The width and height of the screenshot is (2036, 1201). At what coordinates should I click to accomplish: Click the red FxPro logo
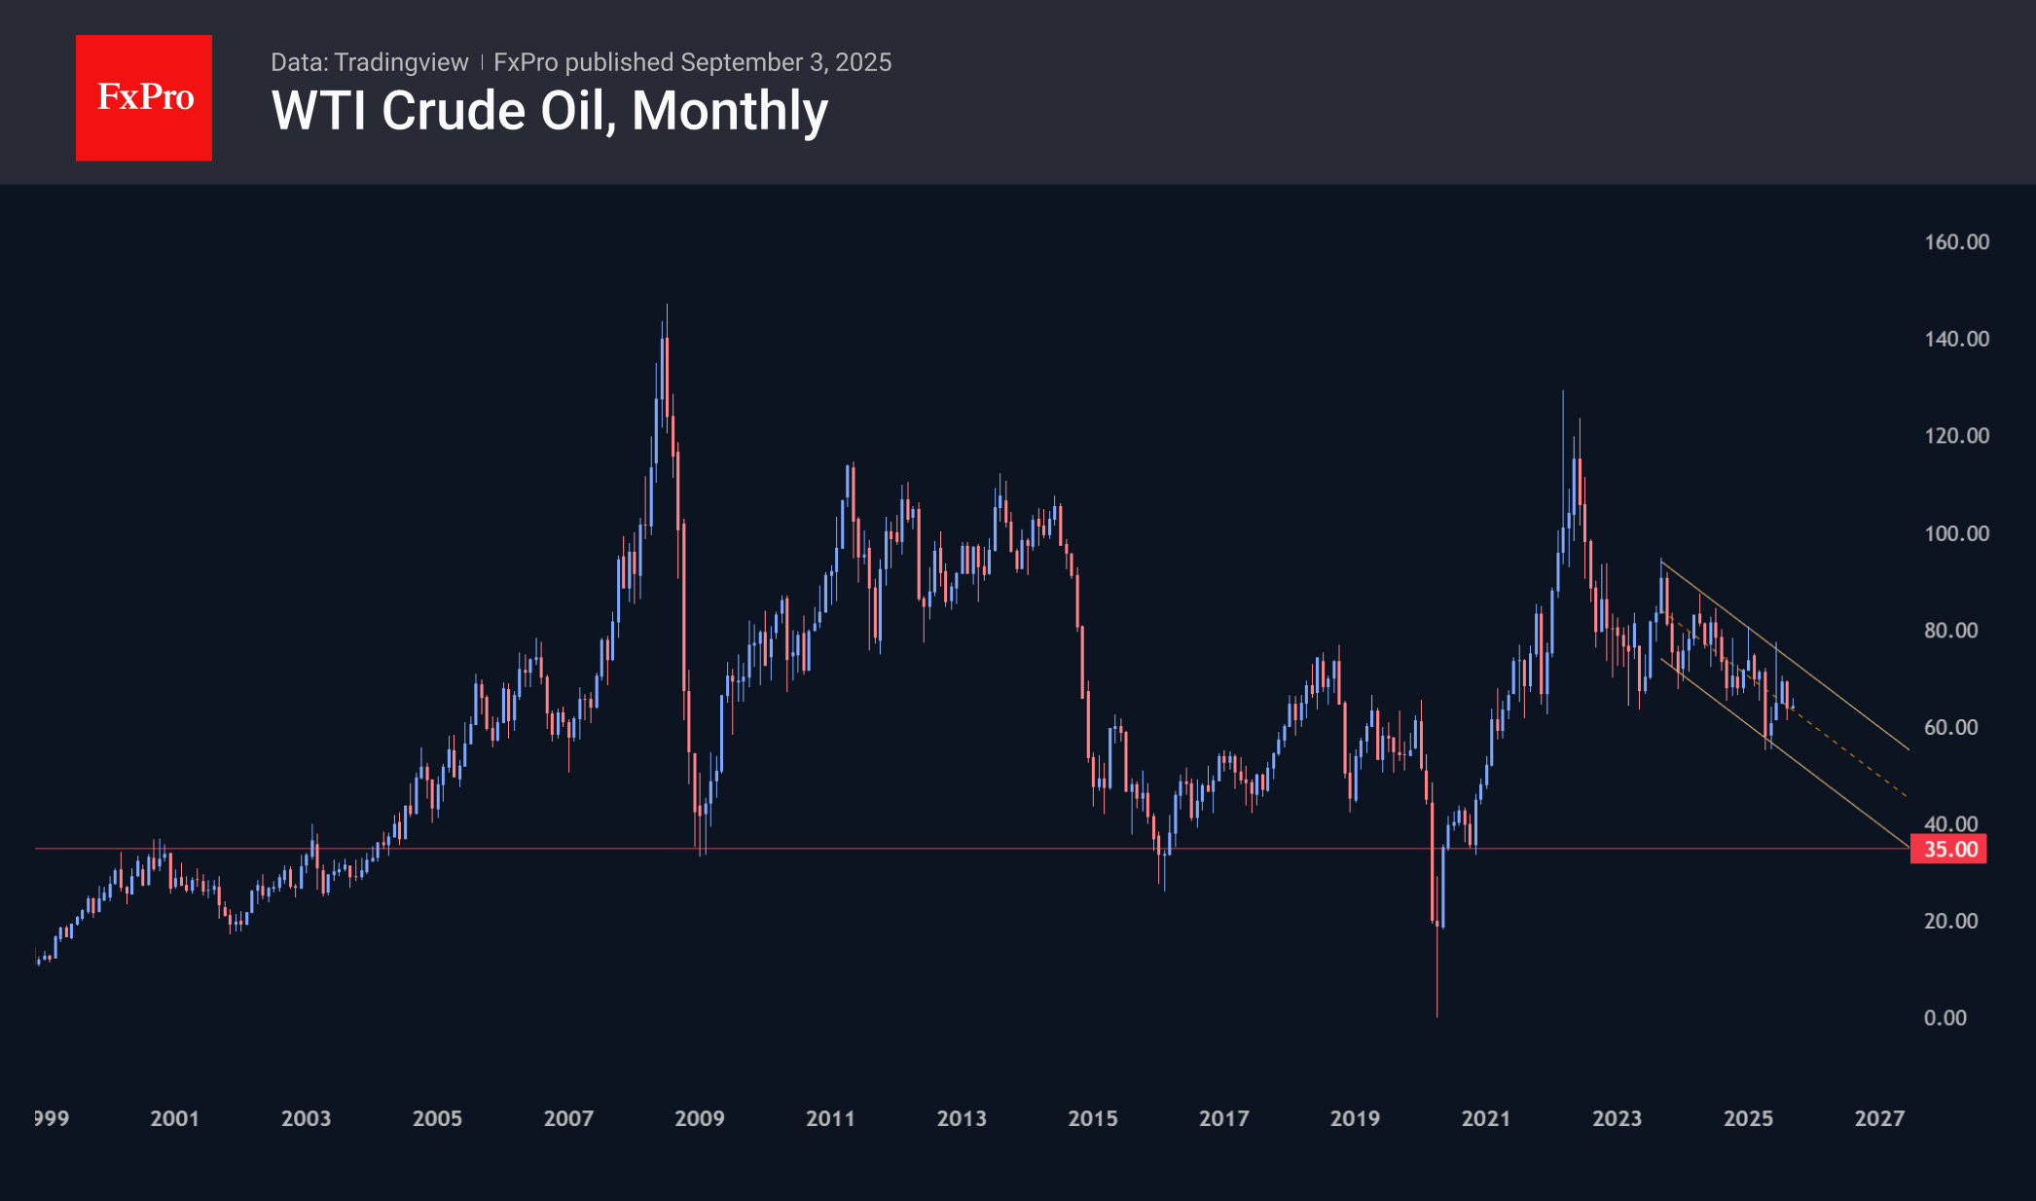click(144, 97)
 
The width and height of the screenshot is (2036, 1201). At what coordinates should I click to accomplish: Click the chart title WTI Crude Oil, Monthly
click(550, 111)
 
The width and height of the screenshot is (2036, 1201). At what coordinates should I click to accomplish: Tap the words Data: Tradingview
click(369, 62)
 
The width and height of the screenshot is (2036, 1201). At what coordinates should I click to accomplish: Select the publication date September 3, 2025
click(785, 62)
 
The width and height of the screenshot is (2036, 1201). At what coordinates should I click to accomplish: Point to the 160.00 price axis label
click(1956, 242)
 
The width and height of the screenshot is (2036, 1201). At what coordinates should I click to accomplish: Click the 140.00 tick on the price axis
click(1956, 339)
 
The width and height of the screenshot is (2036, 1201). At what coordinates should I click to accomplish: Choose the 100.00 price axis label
click(1956, 533)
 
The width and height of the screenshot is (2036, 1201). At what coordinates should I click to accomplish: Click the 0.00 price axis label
click(1945, 1018)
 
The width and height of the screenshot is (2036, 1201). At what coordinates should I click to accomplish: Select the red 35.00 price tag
click(1948, 850)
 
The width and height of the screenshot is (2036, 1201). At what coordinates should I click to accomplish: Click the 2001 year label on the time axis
click(174, 1119)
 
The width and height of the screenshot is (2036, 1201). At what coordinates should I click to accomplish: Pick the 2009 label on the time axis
click(699, 1119)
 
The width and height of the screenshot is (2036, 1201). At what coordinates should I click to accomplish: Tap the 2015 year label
click(1092, 1119)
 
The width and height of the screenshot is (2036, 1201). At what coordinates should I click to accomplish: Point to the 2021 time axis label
click(1485, 1119)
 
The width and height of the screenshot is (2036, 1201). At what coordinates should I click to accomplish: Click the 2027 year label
click(1878, 1119)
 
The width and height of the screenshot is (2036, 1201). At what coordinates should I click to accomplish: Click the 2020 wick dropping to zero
click(1436, 973)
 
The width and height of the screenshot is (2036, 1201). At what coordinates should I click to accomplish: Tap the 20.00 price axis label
click(1950, 921)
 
